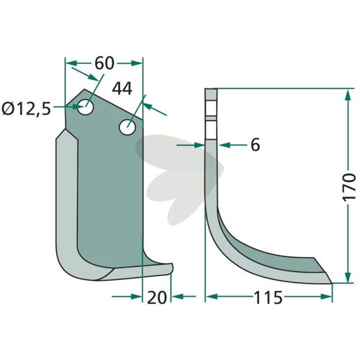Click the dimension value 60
click(x=104, y=63)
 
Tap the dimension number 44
click(x=122, y=89)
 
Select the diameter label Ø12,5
click(x=26, y=109)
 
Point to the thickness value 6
click(x=255, y=145)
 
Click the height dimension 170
click(x=348, y=187)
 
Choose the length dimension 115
click(x=268, y=297)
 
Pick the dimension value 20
click(x=157, y=297)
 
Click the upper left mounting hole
click(x=86, y=107)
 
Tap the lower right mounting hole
click(x=127, y=127)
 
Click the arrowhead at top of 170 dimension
click(x=348, y=95)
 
